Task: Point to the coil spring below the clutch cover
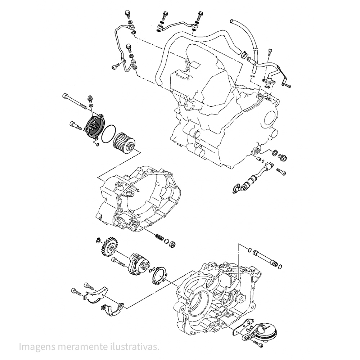click(x=159, y=238)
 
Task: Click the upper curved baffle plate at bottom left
click(x=95, y=293)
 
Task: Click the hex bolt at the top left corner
click(x=127, y=14)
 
